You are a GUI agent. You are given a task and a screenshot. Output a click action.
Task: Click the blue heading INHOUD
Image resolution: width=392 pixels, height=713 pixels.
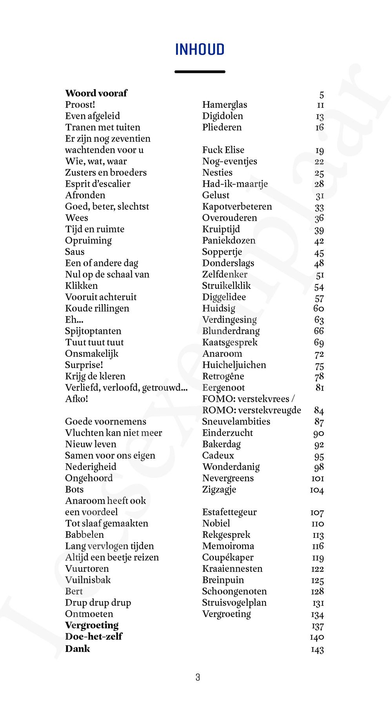click(x=200, y=50)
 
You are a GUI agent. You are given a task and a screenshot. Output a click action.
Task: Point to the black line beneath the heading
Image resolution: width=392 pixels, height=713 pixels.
click(x=200, y=72)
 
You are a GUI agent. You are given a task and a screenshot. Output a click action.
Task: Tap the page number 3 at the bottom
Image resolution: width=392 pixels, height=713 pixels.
click(x=198, y=677)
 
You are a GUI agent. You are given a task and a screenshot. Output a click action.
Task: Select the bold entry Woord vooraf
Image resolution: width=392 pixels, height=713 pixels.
click(x=96, y=93)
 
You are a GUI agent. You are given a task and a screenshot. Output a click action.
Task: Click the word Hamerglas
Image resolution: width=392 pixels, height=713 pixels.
click(x=225, y=105)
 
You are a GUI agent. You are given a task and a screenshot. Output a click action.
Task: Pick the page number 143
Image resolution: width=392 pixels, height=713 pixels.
click(x=317, y=650)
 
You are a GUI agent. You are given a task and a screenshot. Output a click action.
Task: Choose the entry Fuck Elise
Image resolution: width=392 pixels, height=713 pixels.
click(x=223, y=150)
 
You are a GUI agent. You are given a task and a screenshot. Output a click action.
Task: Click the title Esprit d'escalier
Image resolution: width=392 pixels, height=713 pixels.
click(x=98, y=184)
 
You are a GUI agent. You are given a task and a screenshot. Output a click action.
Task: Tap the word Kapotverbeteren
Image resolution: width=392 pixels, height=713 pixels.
click(x=237, y=207)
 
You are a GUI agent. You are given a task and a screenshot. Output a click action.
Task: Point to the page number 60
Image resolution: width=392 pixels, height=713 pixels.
click(x=319, y=308)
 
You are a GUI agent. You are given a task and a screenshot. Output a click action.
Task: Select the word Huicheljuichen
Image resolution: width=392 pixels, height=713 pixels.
click(x=234, y=365)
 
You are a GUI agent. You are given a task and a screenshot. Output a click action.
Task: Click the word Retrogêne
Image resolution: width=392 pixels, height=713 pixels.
click(x=223, y=376)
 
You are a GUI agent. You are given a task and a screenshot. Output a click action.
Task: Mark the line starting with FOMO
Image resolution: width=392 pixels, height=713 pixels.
click(x=248, y=399)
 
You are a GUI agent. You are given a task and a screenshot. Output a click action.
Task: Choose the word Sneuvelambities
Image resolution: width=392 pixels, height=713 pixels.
click(x=236, y=421)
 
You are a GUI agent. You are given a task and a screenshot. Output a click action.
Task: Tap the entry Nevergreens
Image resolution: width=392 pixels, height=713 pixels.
click(x=228, y=478)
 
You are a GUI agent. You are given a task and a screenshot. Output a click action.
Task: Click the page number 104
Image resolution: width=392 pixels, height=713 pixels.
click(x=317, y=490)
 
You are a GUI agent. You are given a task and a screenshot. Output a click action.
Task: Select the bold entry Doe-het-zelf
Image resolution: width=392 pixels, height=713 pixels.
click(x=94, y=637)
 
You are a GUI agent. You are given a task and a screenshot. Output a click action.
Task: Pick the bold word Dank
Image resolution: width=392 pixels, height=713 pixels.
click(x=77, y=649)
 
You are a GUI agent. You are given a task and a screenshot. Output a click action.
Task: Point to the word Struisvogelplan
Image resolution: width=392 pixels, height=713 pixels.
click(x=234, y=603)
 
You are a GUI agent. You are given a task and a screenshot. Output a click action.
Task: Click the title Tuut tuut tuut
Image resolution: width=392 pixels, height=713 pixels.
click(x=94, y=343)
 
